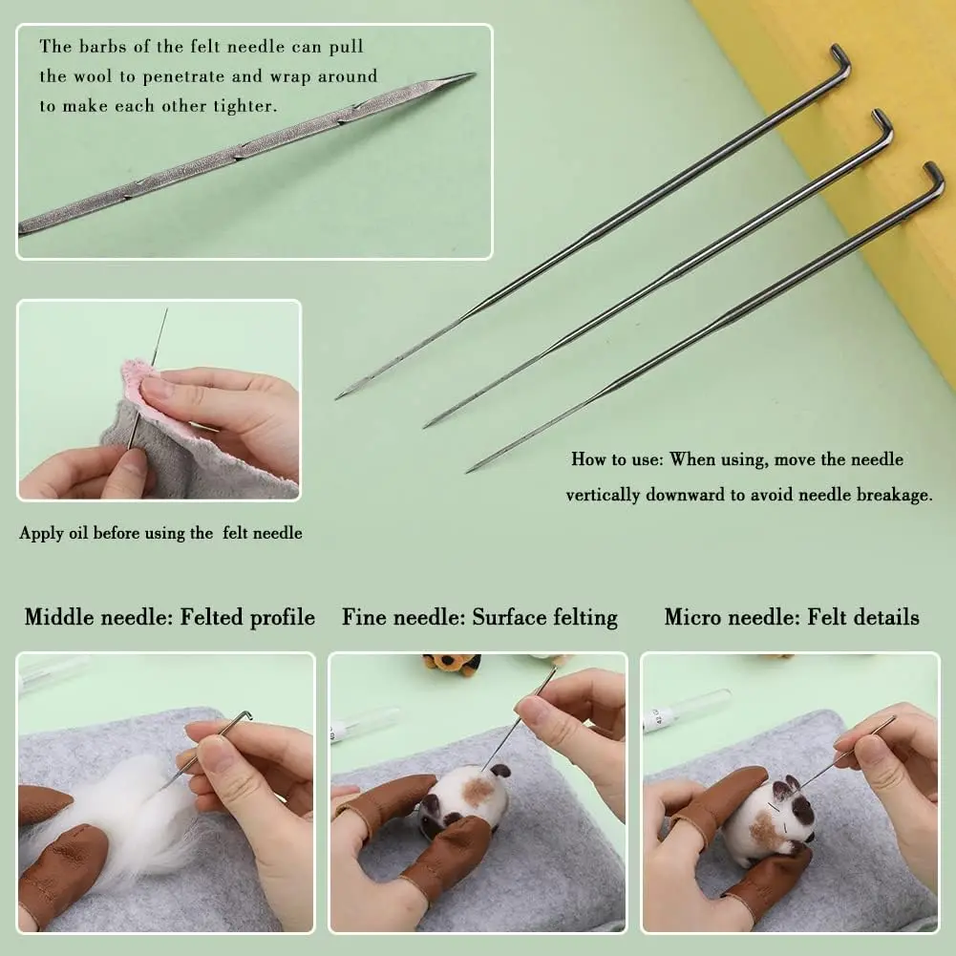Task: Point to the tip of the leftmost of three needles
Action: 339,395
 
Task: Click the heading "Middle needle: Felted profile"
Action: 170,617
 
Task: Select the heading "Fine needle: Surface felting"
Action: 479,617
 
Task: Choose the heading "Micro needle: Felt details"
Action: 792,617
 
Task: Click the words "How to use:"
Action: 616,459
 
